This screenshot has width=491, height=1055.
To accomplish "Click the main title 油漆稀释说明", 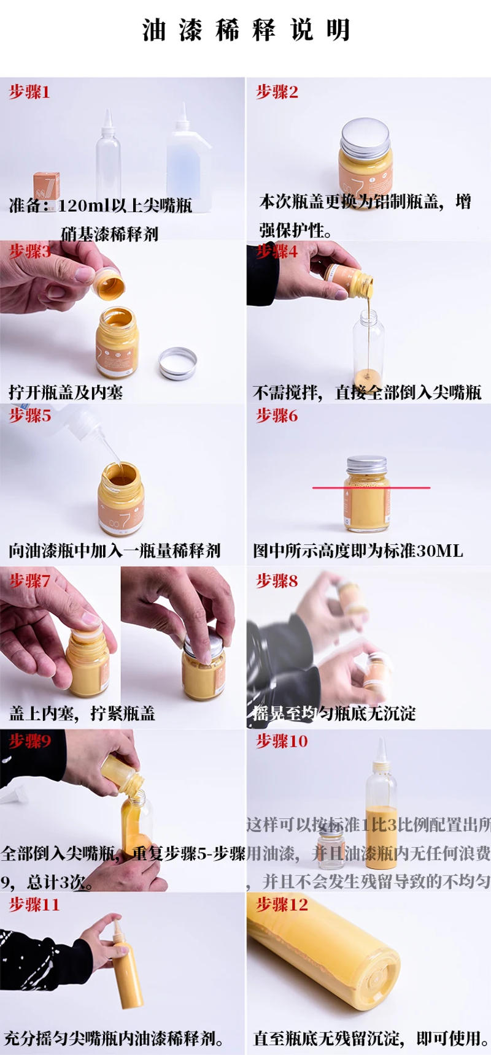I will pos(245,29).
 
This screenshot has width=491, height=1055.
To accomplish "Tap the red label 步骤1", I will pos(29,92).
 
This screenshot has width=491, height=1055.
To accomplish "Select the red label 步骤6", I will pos(277,416).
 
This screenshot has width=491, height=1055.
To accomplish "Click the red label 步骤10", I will pos(282,741).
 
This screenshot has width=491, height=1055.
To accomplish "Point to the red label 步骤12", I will pos(282,905).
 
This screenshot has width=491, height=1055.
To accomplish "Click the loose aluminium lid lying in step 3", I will pos(177,363).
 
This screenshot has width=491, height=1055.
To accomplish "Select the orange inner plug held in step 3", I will pos(109,284).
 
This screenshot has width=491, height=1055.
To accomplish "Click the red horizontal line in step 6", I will pos(371,488).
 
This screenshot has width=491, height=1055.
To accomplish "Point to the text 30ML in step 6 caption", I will pos(439,550).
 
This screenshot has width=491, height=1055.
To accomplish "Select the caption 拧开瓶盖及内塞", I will pos(66,392).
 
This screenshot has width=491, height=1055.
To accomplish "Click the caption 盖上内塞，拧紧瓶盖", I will pos(82,714).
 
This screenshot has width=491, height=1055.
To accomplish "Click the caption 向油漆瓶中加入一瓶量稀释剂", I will pos(114,550).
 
